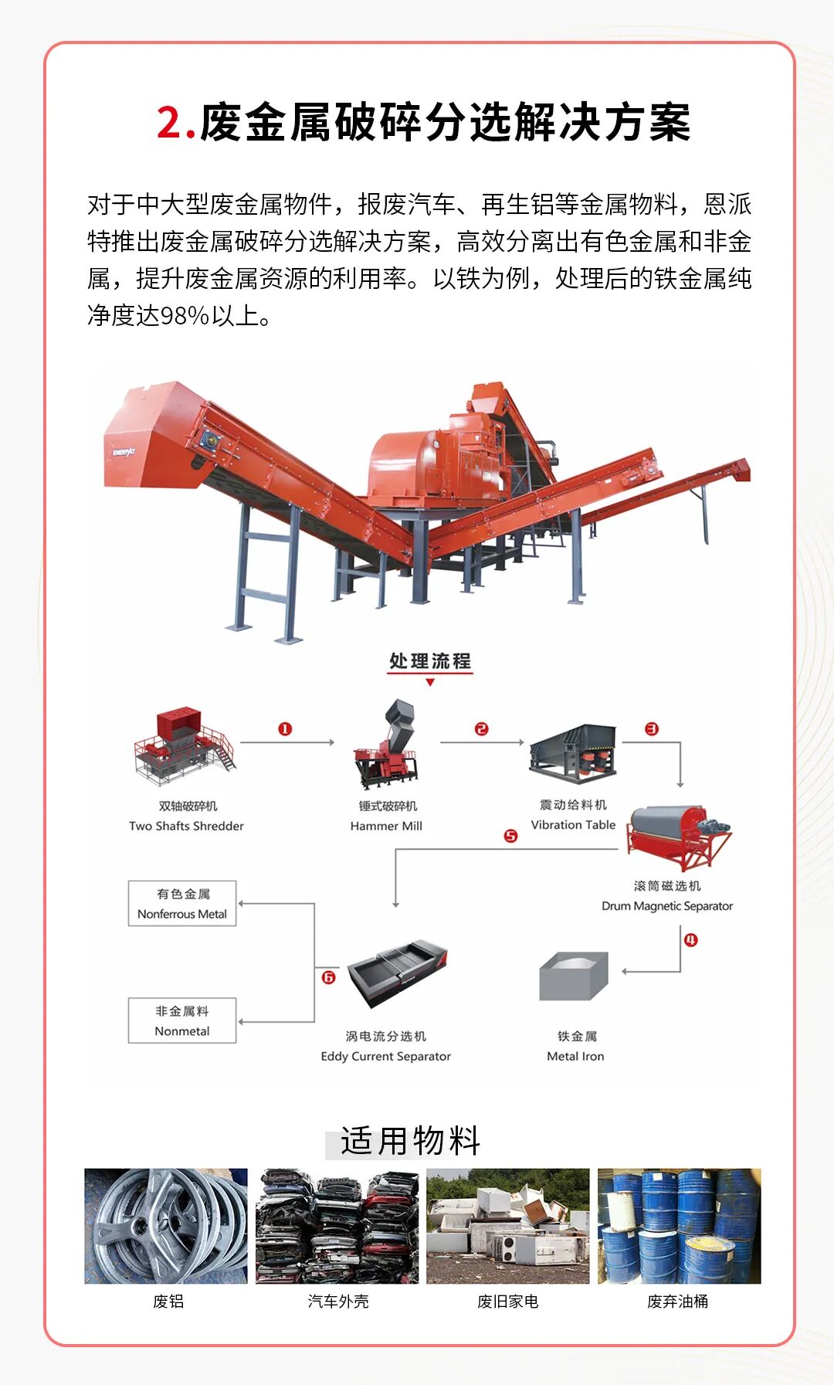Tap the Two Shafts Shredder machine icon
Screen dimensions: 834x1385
coord(183,742)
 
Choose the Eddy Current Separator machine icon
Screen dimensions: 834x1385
coord(398,973)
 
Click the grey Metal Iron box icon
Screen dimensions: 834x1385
coord(574,976)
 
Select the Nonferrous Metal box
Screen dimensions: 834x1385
coord(182,904)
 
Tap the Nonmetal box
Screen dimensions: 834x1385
coord(182,1021)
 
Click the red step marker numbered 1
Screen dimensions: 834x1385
coord(285,729)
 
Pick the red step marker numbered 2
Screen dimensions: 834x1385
coord(482,729)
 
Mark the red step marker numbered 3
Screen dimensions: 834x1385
coord(652,729)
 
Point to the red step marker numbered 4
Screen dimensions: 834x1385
coord(690,940)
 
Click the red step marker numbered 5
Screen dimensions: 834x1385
coord(510,836)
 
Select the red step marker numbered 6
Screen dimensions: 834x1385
coord(328,978)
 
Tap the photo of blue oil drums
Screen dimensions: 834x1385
coord(679,1226)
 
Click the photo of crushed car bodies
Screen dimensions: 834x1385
coord(337,1226)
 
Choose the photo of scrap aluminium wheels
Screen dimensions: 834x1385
coord(166,1226)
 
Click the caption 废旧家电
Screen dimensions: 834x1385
coord(507,1302)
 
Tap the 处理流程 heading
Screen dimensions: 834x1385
coord(430,661)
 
